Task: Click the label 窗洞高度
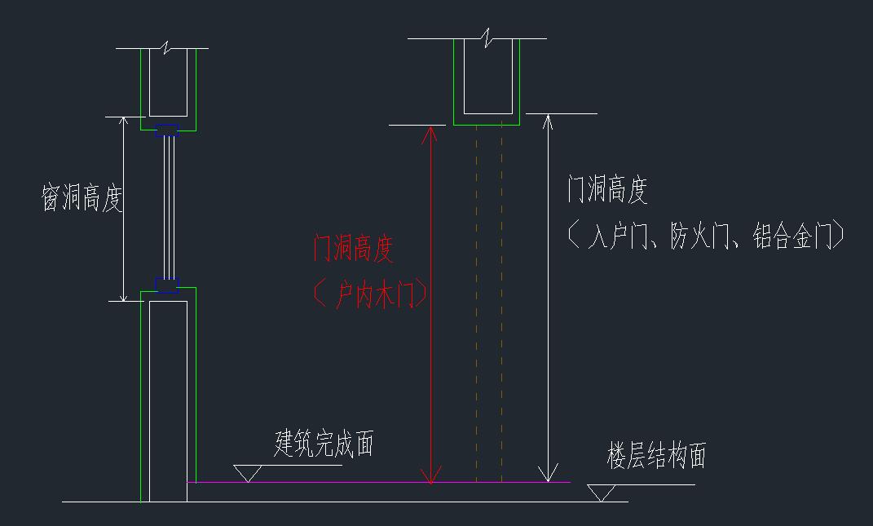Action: click(82, 198)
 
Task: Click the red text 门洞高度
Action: click(354, 248)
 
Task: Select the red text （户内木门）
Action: click(370, 294)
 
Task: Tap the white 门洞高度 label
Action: click(607, 190)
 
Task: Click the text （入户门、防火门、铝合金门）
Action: click(706, 236)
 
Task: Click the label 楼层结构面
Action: click(656, 456)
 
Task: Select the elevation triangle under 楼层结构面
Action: click(602, 493)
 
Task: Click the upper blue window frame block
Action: click(168, 130)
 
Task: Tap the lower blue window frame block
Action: click(167, 285)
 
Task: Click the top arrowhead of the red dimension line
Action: click(432, 135)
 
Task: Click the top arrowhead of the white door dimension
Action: click(549, 123)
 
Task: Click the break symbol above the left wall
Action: click(169, 48)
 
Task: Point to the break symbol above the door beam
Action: click(487, 38)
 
